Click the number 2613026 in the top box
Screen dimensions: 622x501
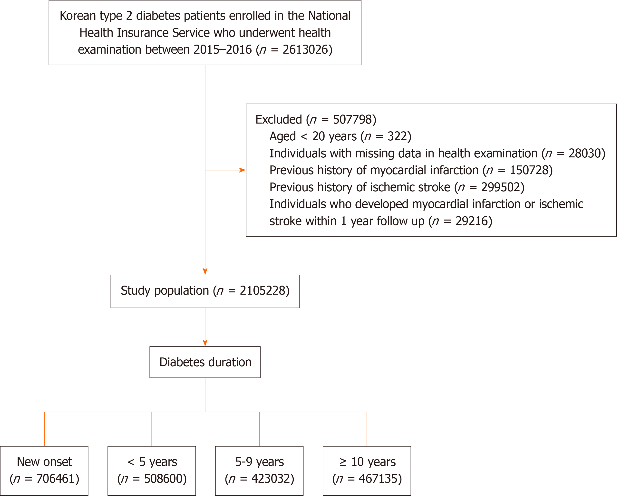(305, 50)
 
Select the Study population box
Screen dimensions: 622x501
(205, 291)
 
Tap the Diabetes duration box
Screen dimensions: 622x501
(205, 362)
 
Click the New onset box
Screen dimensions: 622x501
(44, 471)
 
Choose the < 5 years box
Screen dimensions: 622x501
(152, 471)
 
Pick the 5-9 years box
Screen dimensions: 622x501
(259, 471)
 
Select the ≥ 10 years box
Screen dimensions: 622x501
(367, 471)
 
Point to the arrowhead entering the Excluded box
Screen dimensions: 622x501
(243, 170)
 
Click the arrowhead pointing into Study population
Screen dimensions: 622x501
(205, 271)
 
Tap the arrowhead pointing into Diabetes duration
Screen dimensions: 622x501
(205, 343)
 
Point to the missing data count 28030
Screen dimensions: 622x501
(584, 154)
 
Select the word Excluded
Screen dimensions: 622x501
(279, 119)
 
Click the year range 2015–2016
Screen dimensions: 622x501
(223, 50)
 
